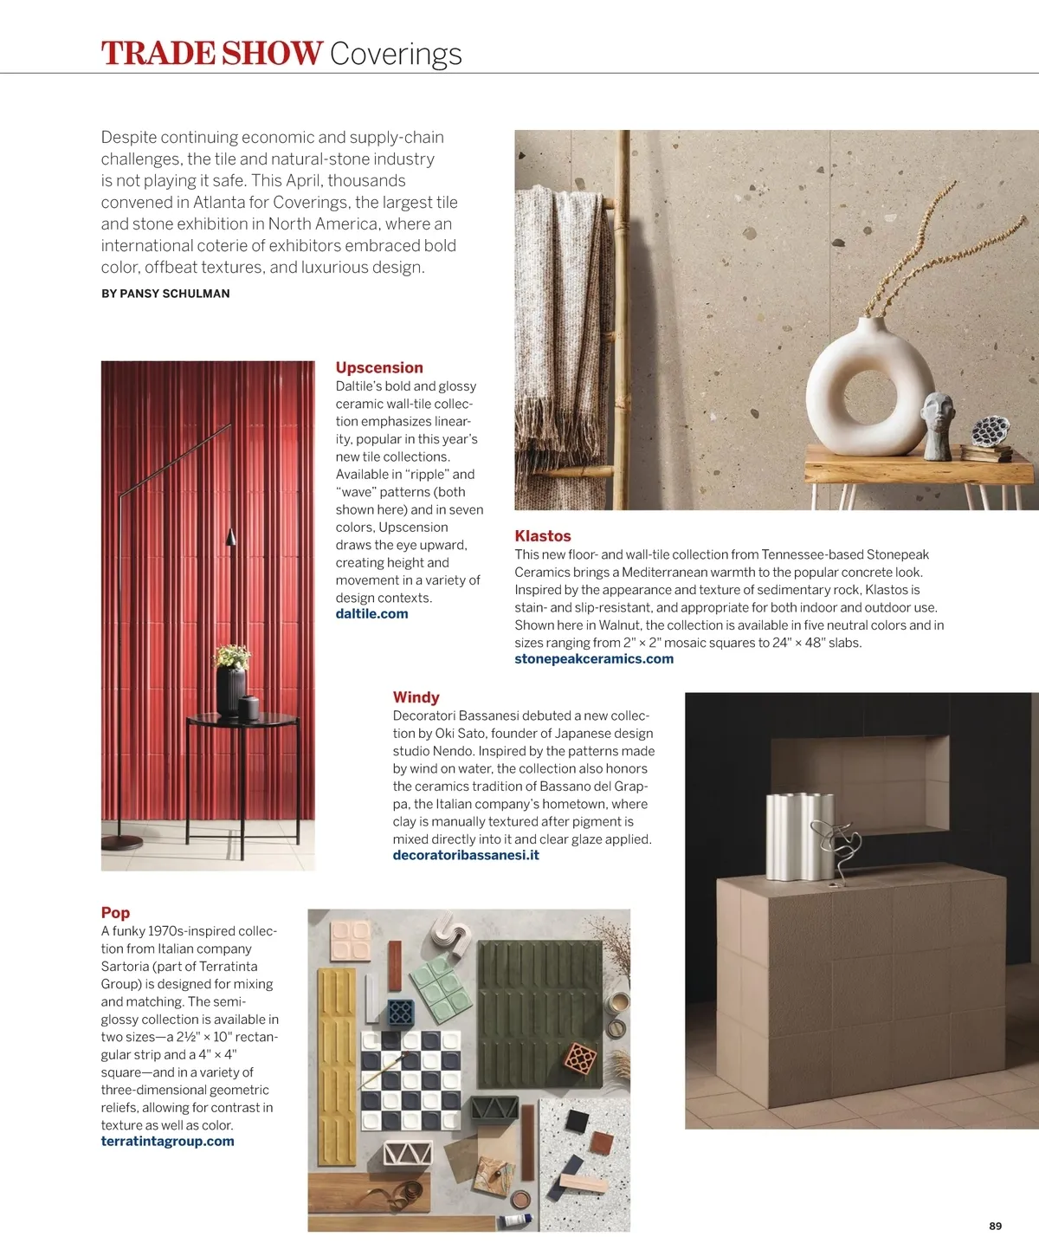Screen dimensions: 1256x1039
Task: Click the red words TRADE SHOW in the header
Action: (x=212, y=54)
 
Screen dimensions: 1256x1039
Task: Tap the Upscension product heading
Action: (x=379, y=367)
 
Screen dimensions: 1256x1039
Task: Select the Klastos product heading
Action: (x=543, y=536)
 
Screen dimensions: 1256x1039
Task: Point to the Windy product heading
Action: (x=416, y=697)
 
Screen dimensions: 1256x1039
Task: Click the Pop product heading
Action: (x=115, y=912)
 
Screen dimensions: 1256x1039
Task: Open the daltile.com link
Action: (x=371, y=614)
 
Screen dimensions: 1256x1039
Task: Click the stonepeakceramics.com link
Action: (x=594, y=659)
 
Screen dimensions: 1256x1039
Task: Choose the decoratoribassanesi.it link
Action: (x=466, y=856)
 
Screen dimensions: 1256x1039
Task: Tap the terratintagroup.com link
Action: (x=168, y=1142)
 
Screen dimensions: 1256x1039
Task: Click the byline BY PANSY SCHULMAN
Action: (x=165, y=294)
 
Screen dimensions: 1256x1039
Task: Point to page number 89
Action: (x=995, y=1226)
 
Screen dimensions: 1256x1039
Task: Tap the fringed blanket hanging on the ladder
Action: (x=563, y=329)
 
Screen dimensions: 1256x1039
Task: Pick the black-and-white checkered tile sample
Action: (x=410, y=1078)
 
